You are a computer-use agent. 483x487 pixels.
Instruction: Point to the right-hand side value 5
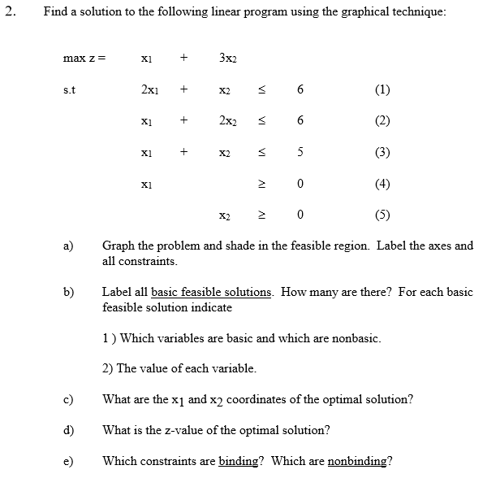click(x=300, y=152)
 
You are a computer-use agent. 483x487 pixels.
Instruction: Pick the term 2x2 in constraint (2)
click(x=226, y=121)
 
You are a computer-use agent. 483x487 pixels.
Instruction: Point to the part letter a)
click(x=69, y=246)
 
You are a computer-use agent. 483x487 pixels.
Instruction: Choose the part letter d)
click(x=69, y=430)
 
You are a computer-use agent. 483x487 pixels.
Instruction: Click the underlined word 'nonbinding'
click(x=357, y=461)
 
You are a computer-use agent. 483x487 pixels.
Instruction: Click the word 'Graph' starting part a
click(x=119, y=246)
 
